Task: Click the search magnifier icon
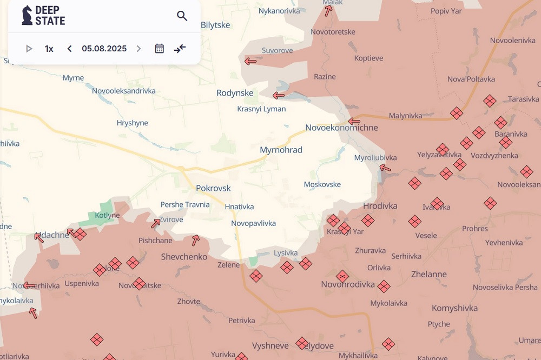click(182, 16)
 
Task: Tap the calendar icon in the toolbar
click(159, 49)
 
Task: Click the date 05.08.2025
click(104, 49)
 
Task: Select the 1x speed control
click(49, 49)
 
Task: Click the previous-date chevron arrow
click(69, 49)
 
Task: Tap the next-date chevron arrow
click(138, 49)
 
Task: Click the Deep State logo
click(43, 16)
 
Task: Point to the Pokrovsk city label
click(213, 188)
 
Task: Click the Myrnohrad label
click(281, 150)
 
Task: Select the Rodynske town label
click(235, 93)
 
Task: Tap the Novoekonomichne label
click(341, 128)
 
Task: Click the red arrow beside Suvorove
click(250, 61)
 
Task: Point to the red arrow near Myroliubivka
click(385, 168)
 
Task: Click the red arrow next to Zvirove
click(156, 223)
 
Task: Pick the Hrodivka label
click(380, 206)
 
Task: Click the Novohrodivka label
click(348, 284)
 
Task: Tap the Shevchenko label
click(184, 257)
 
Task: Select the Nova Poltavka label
click(471, 79)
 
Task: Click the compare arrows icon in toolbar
click(180, 49)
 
